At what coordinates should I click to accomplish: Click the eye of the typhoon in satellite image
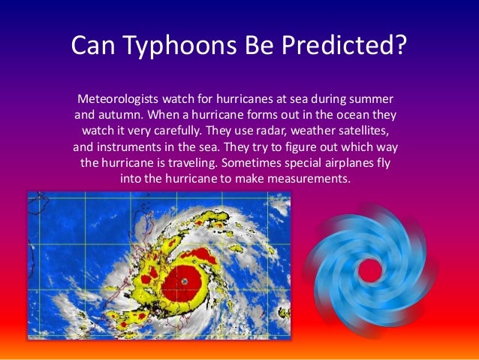click(185, 280)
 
